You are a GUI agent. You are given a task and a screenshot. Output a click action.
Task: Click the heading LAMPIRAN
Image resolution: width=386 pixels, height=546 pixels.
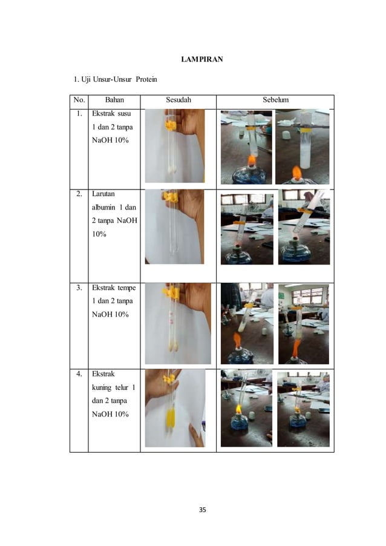pos(202,59)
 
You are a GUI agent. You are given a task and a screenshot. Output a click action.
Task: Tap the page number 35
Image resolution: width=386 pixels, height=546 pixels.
pos(202,510)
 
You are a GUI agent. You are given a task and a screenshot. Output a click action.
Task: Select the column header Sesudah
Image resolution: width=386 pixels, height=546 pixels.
pos(178,100)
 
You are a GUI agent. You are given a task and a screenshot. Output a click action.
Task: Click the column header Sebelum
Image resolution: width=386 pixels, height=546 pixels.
pos(275,100)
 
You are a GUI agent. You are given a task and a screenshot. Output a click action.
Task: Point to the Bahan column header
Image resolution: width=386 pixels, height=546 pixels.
pos(114,100)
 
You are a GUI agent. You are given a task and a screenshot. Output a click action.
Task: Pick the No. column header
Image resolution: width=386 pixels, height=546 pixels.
pos(79,100)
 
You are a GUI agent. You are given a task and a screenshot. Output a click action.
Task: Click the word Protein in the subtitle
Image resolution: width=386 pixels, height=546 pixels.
pos(146,79)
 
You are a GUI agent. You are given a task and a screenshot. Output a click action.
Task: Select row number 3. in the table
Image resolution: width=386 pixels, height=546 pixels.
pos(79,288)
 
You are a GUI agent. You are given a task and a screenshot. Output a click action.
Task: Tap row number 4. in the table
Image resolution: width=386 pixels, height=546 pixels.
pos(79,374)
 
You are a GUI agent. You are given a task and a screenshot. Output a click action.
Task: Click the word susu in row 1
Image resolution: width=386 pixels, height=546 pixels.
pos(124,114)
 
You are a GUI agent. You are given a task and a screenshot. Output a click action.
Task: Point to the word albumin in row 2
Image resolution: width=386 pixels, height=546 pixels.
pos(103,207)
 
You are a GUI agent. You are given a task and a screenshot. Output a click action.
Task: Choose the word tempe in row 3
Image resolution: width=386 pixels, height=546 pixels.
pos(126,288)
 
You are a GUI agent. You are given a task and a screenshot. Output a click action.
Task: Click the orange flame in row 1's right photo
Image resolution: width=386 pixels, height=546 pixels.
pos(296,173)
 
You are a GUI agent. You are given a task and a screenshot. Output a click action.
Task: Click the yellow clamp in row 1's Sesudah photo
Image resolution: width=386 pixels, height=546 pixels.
pos(170,125)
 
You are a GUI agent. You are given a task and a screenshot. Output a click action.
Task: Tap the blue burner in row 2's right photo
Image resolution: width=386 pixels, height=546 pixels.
pos(295,250)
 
